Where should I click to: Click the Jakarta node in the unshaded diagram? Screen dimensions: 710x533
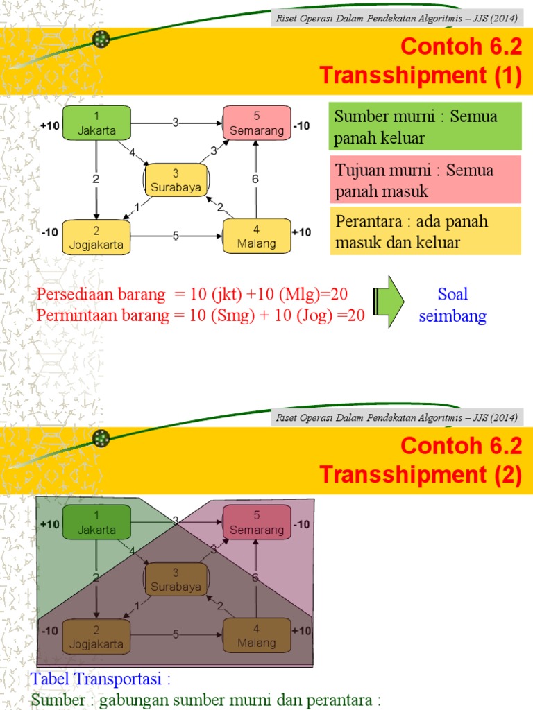coord(96,122)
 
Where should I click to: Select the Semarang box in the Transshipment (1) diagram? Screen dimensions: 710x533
coord(256,122)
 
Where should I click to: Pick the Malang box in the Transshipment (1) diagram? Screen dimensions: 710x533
coord(256,236)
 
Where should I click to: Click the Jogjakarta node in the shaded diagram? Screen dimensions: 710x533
coord(96,636)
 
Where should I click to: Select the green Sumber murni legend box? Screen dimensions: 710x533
coord(425,127)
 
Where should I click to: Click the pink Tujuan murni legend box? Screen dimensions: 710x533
coord(425,180)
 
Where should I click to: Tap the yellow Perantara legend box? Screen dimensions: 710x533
coord(425,232)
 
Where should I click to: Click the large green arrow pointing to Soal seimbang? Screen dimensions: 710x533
coord(389,302)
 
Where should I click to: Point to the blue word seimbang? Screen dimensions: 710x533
coord(452,317)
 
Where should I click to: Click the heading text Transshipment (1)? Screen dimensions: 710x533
coord(421,76)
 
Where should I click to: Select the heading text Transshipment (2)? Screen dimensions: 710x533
coord(421,475)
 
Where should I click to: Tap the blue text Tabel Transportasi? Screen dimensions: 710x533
coord(101,677)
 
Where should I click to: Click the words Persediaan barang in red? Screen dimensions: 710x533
coord(101,294)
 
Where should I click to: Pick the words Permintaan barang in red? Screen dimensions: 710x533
coord(101,316)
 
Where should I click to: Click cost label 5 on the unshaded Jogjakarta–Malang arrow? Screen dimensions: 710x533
coord(176,236)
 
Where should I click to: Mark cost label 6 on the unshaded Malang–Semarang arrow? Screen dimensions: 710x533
coord(255,180)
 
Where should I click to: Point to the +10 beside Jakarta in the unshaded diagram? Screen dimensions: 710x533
coord(50,125)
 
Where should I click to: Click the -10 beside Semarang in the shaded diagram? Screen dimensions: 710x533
coord(301,525)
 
